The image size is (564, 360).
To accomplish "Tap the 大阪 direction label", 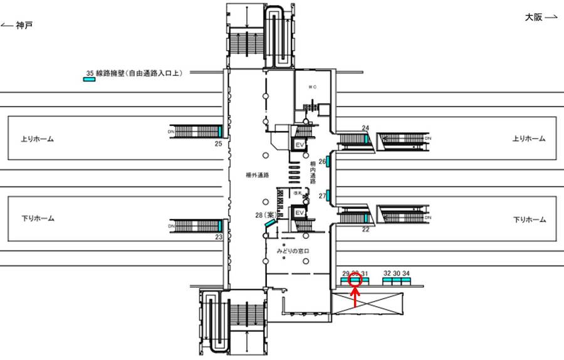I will coord(534,18).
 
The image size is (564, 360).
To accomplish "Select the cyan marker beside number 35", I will coord(90,80).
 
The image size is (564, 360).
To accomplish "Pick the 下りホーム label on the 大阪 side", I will coord(530,220).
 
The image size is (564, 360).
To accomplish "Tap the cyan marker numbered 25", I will coord(221,131).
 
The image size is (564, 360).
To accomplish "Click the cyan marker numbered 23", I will coord(221,225).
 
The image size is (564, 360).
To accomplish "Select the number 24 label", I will coord(365,128).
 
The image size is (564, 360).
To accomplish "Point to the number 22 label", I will coord(365,230).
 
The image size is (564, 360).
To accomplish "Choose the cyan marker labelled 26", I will coord(328,161).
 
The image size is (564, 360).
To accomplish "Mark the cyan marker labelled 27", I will coord(328,195).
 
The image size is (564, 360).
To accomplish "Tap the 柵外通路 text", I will coord(258,175).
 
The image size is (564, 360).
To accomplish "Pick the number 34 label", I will coord(406,273).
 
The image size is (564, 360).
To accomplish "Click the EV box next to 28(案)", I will coord(300,213).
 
